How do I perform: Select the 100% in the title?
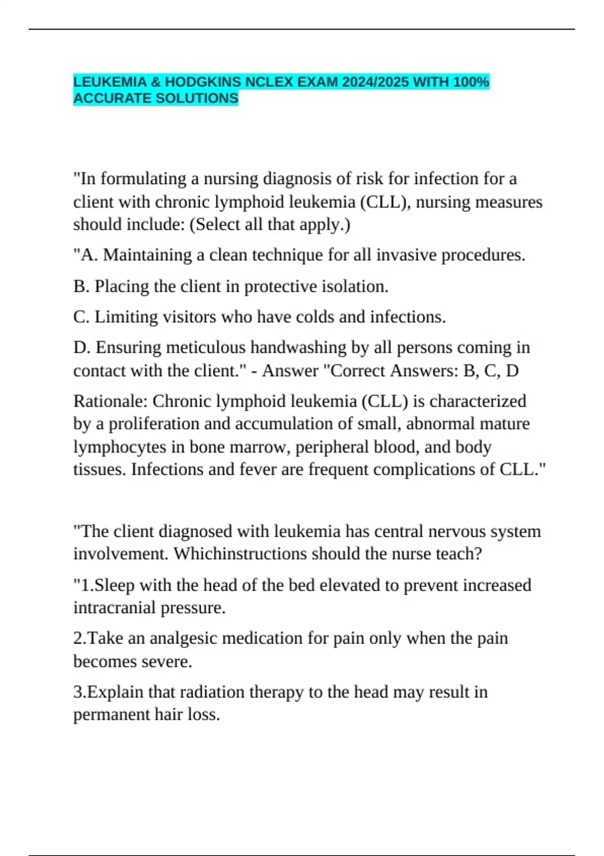tap(471, 82)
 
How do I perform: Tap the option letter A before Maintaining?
tap(88, 255)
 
